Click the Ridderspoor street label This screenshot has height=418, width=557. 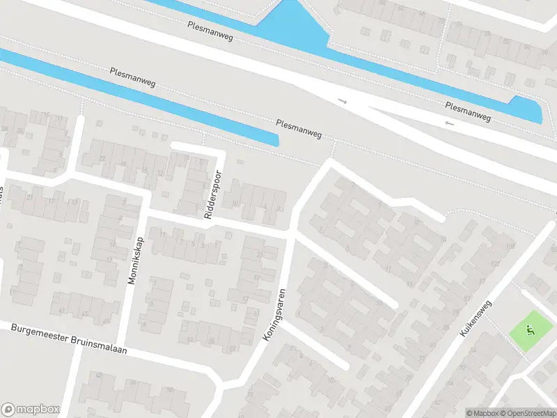pyautogui.click(x=213, y=195)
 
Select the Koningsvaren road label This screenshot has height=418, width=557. pyautogui.click(x=274, y=314)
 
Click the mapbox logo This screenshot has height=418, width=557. pyautogui.click(x=30, y=410)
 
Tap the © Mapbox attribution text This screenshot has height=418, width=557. pyautogui.click(x=482, y=413)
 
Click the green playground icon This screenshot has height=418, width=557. pyautogui.click(x=528, y=331)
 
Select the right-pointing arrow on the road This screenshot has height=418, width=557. pyautogui.click(x=342, y=102)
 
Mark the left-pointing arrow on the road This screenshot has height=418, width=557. pyautogui.click(x=449, y=123)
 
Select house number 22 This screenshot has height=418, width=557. pyautogui.click(x=102, y=159)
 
